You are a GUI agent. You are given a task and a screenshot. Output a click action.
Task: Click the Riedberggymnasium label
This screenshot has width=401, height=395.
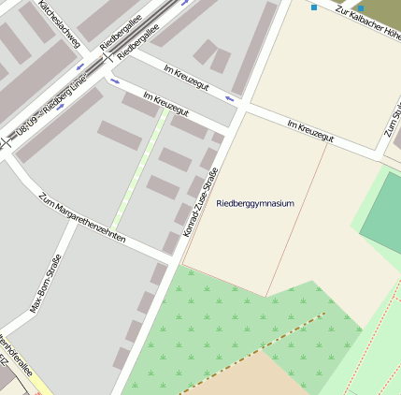(x=254, y=203)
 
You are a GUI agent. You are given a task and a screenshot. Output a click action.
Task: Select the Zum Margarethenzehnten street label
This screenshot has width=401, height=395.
(x=82, y=218)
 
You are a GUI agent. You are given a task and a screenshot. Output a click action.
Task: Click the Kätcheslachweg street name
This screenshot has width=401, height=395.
(x=59, y=22)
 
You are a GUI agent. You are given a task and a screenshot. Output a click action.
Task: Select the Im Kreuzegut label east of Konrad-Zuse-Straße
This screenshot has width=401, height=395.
(x=310, y=131)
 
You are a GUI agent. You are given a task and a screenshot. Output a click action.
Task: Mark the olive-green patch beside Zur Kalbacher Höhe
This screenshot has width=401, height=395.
(x=383, y=11)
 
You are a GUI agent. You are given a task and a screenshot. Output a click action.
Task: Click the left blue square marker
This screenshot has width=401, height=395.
(x=314, y=7)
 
